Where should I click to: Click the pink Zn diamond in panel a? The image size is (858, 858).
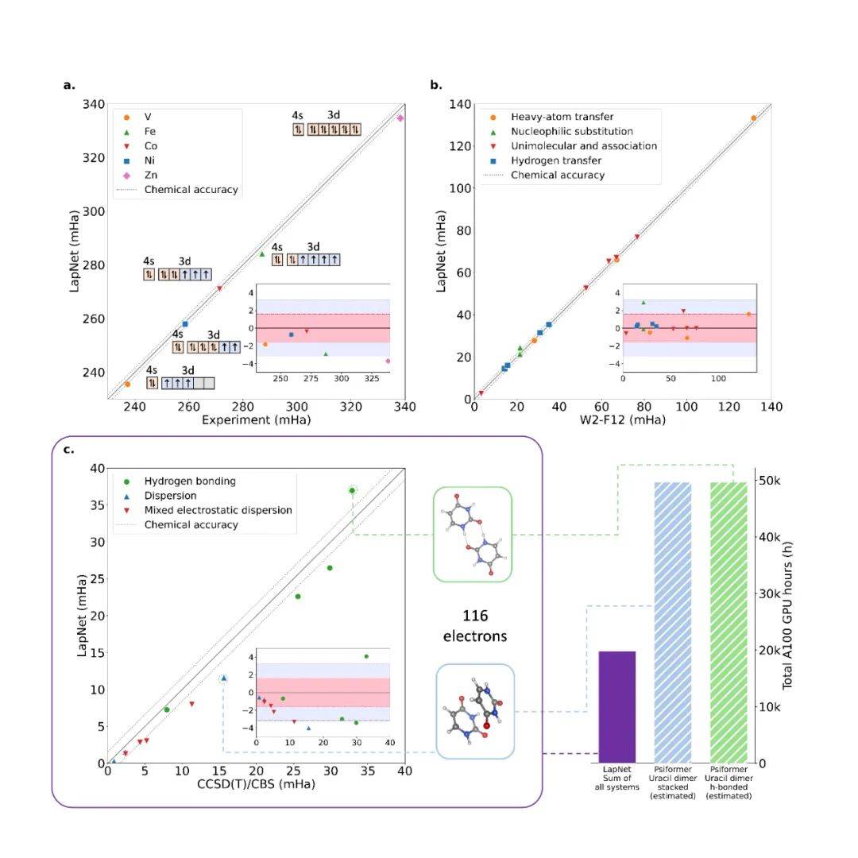(x=400, y=118)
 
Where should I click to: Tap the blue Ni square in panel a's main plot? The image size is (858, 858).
(x=185, y=323)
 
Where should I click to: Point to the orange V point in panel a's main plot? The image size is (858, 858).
(x=127, y=385)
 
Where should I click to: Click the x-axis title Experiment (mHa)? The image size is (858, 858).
(x=256, y=419)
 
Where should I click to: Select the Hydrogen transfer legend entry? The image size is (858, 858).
(x=555, y=160)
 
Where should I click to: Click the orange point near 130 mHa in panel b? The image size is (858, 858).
(x=753, y=118)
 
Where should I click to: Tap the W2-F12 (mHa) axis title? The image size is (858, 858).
(x=623, y=419)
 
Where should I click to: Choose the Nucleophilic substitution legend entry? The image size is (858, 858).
(x=571, y=131)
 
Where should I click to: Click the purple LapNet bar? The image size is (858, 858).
(x=617, y=706)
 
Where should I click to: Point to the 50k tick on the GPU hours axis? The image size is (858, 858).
(x=773, y=481)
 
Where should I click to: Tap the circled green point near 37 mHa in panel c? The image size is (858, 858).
(x=352, y=490)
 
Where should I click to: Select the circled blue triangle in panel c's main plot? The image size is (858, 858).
(x=224, y=678)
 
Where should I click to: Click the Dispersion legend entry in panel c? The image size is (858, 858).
(x=170, y=495)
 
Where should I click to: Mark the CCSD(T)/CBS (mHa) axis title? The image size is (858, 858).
(x=256, y=784)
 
